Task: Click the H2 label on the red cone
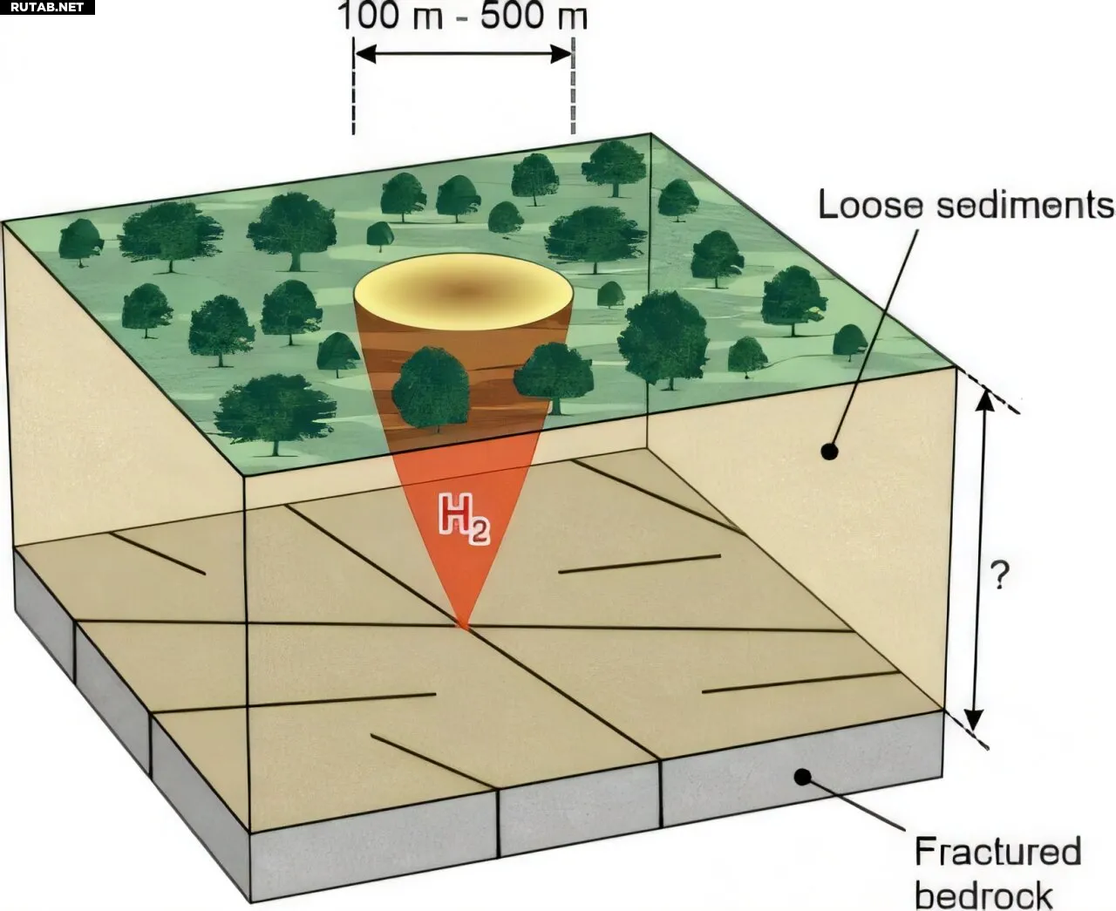coord(465,519)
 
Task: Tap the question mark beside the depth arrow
coord(999,575)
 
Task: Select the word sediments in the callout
coord(1026,205)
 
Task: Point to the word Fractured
coord(998,852)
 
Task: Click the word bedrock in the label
coord(983,895)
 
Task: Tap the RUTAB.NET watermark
coord(47,7)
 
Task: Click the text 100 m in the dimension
coord(390,16)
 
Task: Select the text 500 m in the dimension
coord(534,16)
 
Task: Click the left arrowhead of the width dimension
coord(365,53)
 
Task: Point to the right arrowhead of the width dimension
coord(561,53)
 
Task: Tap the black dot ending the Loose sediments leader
coord(829,452)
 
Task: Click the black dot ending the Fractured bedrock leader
coord(803,777)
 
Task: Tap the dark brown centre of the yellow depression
coord(464,290)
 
